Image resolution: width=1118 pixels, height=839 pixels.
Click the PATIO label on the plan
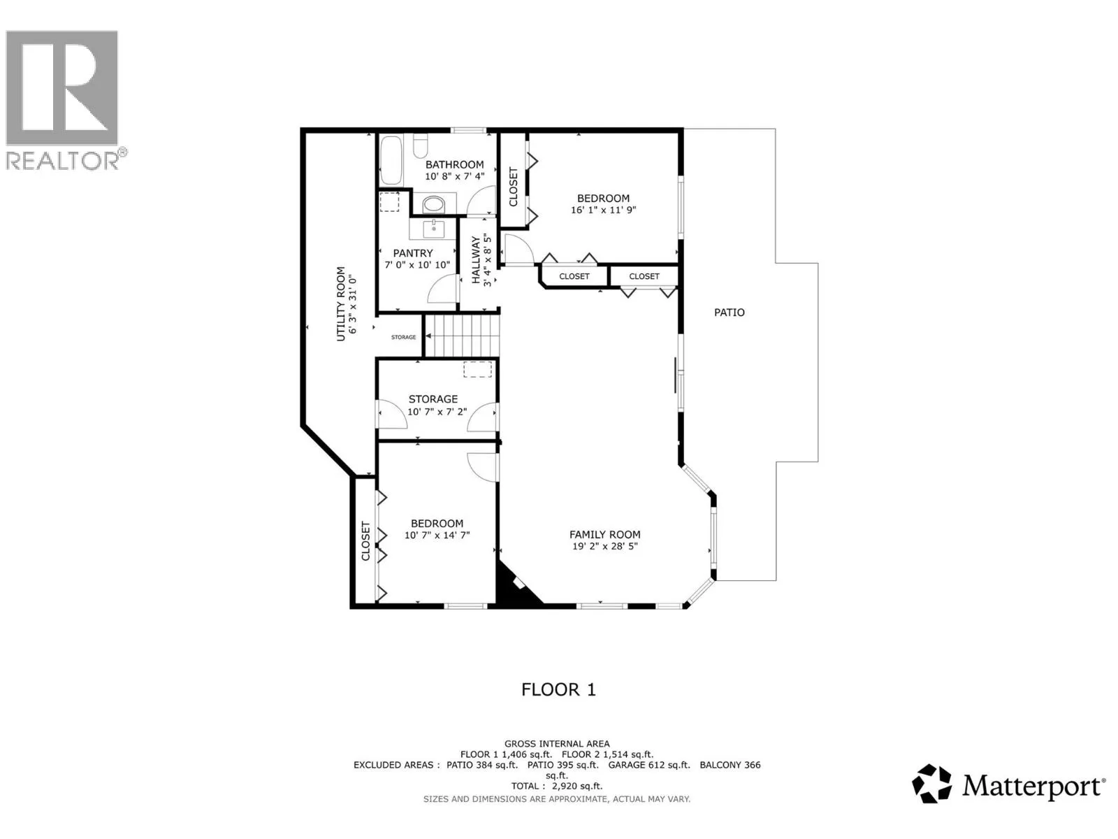[x=729, y=313]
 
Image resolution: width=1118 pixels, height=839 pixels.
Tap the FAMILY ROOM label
[x=604, y=534]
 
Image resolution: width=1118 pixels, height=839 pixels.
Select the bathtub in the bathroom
[x=391, y=160]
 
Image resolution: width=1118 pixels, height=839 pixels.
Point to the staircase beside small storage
[x=461, y=336]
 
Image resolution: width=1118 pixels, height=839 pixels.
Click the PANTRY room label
[x=412, y=253]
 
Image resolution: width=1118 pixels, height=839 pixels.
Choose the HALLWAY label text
[x=476, y=260]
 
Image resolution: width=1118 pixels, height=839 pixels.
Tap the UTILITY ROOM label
[x=341, y=303]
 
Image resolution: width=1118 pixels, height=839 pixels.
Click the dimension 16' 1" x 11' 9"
[x=603, y=210]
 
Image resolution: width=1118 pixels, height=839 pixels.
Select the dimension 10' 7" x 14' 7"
[x=437, y=535]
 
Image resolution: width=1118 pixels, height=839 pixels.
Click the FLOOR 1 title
[x=558, y=690]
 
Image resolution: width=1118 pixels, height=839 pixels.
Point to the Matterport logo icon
[x=931, y=784]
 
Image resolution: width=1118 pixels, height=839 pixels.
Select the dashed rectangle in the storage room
[x=477, y=369]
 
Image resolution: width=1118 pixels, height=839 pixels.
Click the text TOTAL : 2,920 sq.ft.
[x=557, y=786]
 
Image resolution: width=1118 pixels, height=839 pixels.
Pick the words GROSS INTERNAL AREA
[x=557, y=744]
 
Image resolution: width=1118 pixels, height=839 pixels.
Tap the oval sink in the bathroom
[x=434, y=205]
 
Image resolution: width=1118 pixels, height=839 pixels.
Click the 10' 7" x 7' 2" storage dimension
[x=437, y=412]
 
